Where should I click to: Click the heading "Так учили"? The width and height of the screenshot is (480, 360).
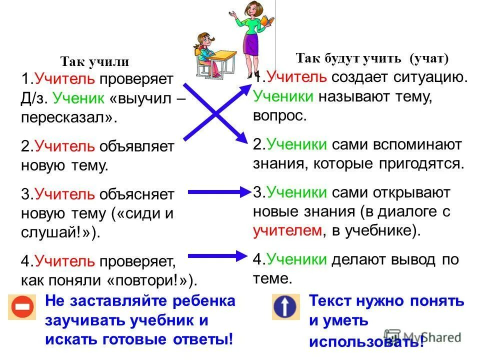point(94,62)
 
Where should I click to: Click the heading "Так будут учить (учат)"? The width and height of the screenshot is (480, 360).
point(372,58)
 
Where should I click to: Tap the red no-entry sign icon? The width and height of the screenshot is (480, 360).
point(21,306)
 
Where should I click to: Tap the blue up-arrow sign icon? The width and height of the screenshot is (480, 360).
point(285,306)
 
